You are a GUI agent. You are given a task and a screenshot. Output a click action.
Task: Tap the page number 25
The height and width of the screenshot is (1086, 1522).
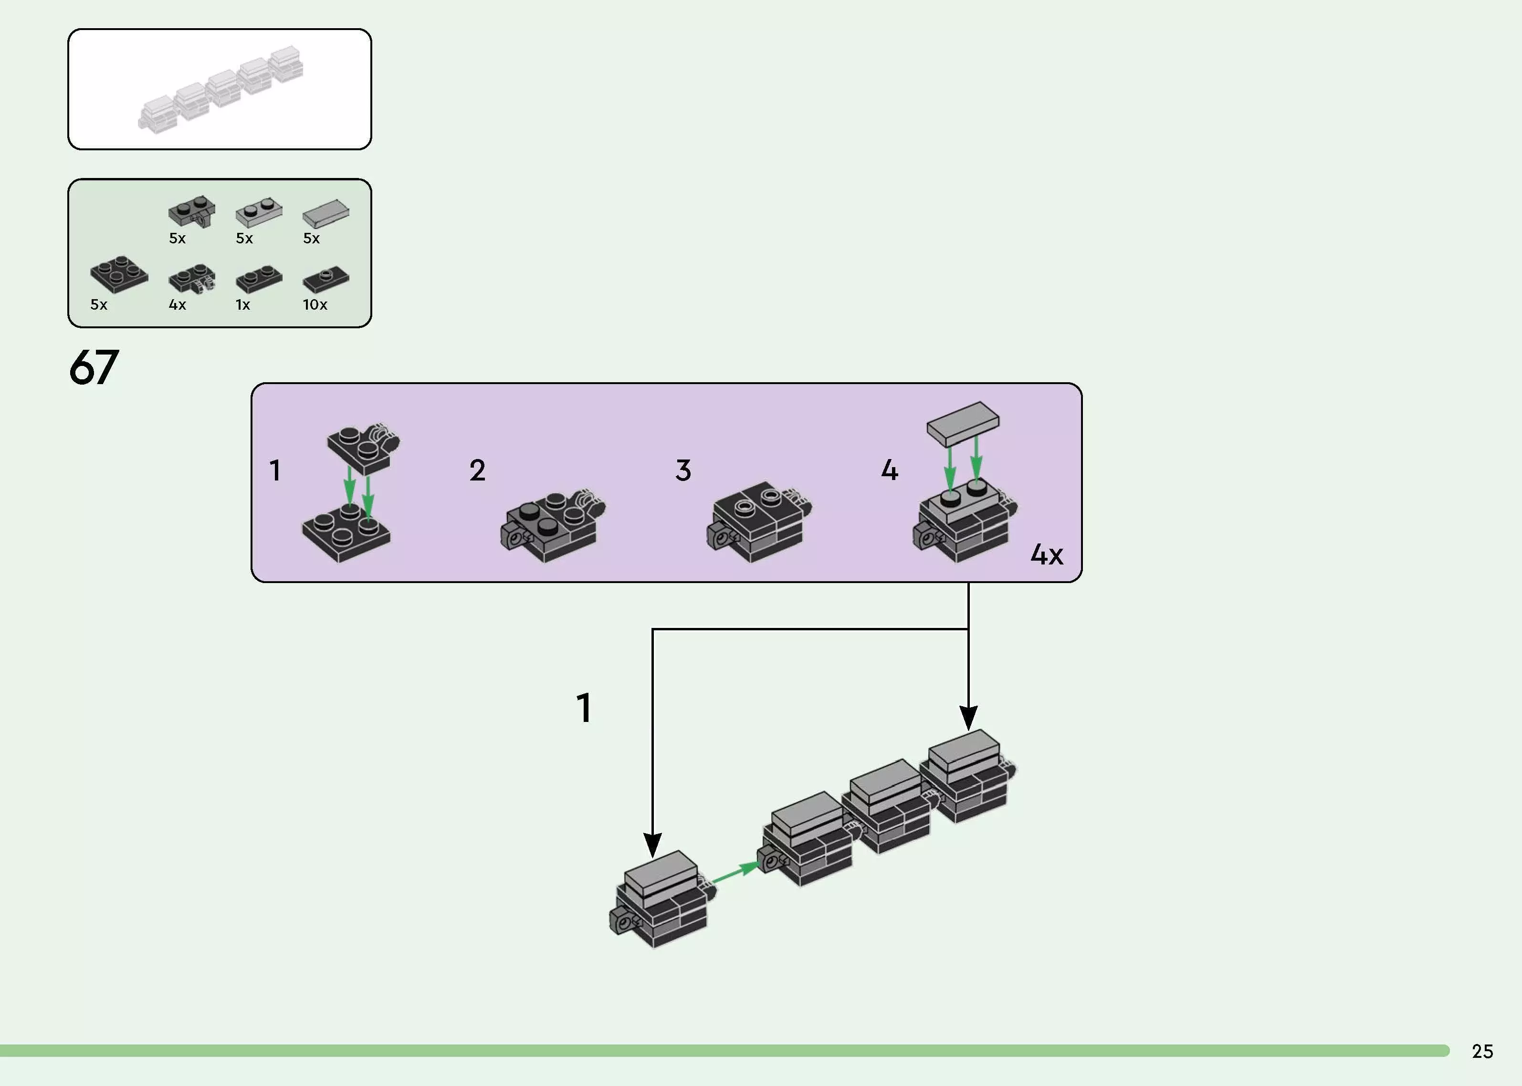(1482, 1051)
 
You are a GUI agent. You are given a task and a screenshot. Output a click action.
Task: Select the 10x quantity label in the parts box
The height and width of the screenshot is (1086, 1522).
(315, 305)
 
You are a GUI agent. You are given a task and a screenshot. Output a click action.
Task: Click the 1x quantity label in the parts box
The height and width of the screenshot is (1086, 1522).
(243, 305)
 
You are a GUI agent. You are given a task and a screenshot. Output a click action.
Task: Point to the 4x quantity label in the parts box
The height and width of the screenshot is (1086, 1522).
(177, 305)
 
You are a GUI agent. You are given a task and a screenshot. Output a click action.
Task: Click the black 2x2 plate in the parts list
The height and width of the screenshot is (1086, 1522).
(119, 274)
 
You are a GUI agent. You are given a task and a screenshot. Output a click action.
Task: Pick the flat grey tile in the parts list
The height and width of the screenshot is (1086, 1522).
(325, 214)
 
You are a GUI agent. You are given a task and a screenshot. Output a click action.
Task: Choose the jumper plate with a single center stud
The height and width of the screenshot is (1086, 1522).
(325, 280)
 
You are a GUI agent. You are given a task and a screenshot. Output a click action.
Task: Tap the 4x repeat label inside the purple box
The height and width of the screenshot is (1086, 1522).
(1047, 554)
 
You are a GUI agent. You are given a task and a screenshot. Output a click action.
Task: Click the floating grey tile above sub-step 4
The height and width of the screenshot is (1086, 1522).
(963, 423)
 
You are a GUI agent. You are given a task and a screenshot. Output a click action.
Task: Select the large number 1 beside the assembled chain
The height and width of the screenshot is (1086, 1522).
(584, 708)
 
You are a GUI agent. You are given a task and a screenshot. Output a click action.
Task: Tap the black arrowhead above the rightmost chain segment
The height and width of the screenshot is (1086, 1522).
(968, 718)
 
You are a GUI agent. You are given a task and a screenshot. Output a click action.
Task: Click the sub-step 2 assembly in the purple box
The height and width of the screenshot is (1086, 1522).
(552, 527)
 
